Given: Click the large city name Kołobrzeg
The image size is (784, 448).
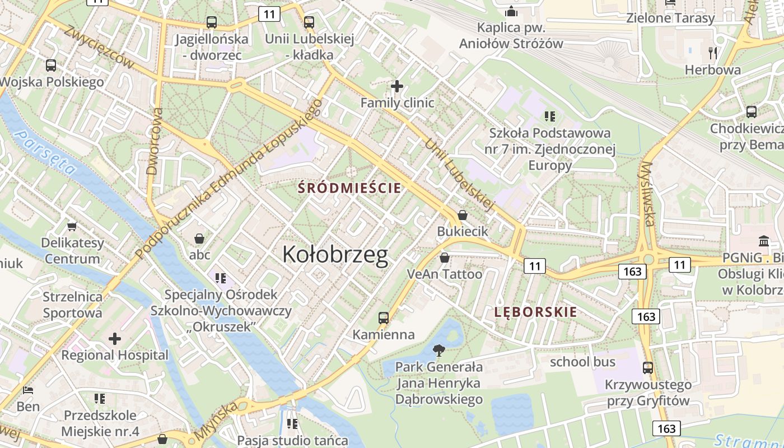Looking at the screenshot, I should click(335, 255).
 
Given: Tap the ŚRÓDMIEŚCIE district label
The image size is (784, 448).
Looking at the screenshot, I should click(349, 188).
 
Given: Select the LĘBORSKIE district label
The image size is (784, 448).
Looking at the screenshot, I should click(535, 312).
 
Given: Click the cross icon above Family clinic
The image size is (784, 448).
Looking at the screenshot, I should click(397, 86).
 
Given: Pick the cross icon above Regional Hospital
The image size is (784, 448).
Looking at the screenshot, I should click(115, 339).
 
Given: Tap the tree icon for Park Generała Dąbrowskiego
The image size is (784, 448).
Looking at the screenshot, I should click(439, 351).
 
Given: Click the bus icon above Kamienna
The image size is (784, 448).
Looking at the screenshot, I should click(384, 318).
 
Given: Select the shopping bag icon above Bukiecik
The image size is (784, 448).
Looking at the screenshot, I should click(463, 215).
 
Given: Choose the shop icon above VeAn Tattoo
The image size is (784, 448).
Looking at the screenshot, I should click(444, 258).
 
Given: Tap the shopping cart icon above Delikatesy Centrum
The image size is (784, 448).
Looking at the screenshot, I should click(72, 227).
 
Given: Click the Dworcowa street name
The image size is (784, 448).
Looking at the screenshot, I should click(154, 141).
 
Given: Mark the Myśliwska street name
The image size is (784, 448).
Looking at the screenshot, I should click(648, 194).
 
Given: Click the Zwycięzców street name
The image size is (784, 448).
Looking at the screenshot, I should click(99, 47).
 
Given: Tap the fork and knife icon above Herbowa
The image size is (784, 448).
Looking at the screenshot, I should click(713, 53).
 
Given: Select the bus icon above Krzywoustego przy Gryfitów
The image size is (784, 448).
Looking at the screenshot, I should click(648, 368).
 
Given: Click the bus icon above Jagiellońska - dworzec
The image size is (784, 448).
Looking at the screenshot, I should click(211, 22).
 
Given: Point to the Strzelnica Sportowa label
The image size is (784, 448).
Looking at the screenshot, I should click(73, 305).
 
